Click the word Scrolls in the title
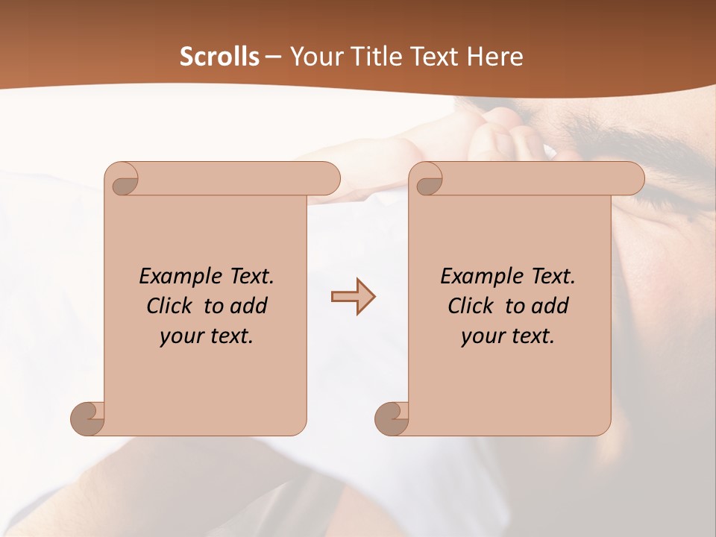coord(220,57)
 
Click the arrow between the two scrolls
coord(353,297)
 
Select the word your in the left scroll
coord(179,336)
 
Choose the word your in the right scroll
coord(480,336)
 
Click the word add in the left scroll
coord(250,306)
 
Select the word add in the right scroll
coord(551,306)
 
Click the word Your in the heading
coord(315,57)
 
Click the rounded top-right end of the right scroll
coord(632,178)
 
